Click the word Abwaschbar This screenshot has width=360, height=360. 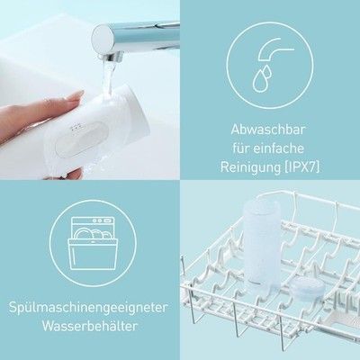point(268,130)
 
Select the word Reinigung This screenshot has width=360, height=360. point(250,168)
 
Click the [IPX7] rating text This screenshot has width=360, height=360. point(301,167)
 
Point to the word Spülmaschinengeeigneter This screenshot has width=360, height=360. point(88,308)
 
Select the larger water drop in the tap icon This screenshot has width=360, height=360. point(260,80)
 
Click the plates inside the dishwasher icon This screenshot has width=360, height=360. point(92,234)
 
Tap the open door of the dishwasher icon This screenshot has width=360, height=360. point(92,254)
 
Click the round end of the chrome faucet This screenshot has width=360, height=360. point(102,38)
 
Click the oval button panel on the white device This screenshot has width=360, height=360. point(82,138)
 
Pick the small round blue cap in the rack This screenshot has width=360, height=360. point(307,287)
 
